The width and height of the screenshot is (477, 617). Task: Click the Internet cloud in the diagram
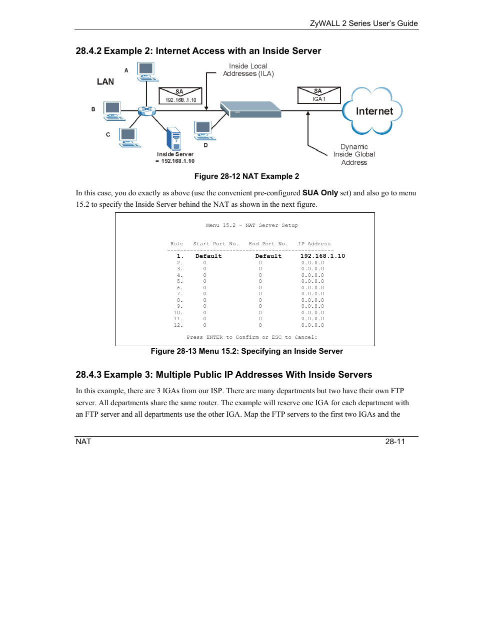pos(372,111)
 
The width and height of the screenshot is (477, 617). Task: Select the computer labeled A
pos(146,71)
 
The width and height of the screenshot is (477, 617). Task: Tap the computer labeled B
pos(113,110)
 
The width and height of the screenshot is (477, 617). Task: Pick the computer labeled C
pos(129,137)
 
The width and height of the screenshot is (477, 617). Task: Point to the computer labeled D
pos(203,130)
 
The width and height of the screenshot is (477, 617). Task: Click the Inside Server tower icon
pos(173,138)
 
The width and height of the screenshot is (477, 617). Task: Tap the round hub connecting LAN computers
pos(146,110)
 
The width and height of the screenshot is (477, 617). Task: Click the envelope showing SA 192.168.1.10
pos(180,96)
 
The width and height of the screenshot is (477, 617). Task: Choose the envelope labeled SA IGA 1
pos(318,95)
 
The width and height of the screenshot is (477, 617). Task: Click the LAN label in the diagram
pos(105,82)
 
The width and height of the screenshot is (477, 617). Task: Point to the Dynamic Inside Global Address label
pos(354,154)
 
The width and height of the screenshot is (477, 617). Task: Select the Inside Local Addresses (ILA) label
pos(248,70)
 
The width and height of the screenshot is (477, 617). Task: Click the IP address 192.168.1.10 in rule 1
pos(322,256)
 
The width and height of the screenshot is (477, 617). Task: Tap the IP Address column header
pos(314,244)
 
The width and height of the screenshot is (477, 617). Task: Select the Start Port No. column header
pos(215,244)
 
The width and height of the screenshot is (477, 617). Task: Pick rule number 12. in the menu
pos(178,325)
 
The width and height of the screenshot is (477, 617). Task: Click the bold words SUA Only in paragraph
pos(320,193)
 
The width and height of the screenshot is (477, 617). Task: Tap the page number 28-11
pos(394,442)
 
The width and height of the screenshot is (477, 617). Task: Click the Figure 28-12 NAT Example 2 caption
pos(246,176)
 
